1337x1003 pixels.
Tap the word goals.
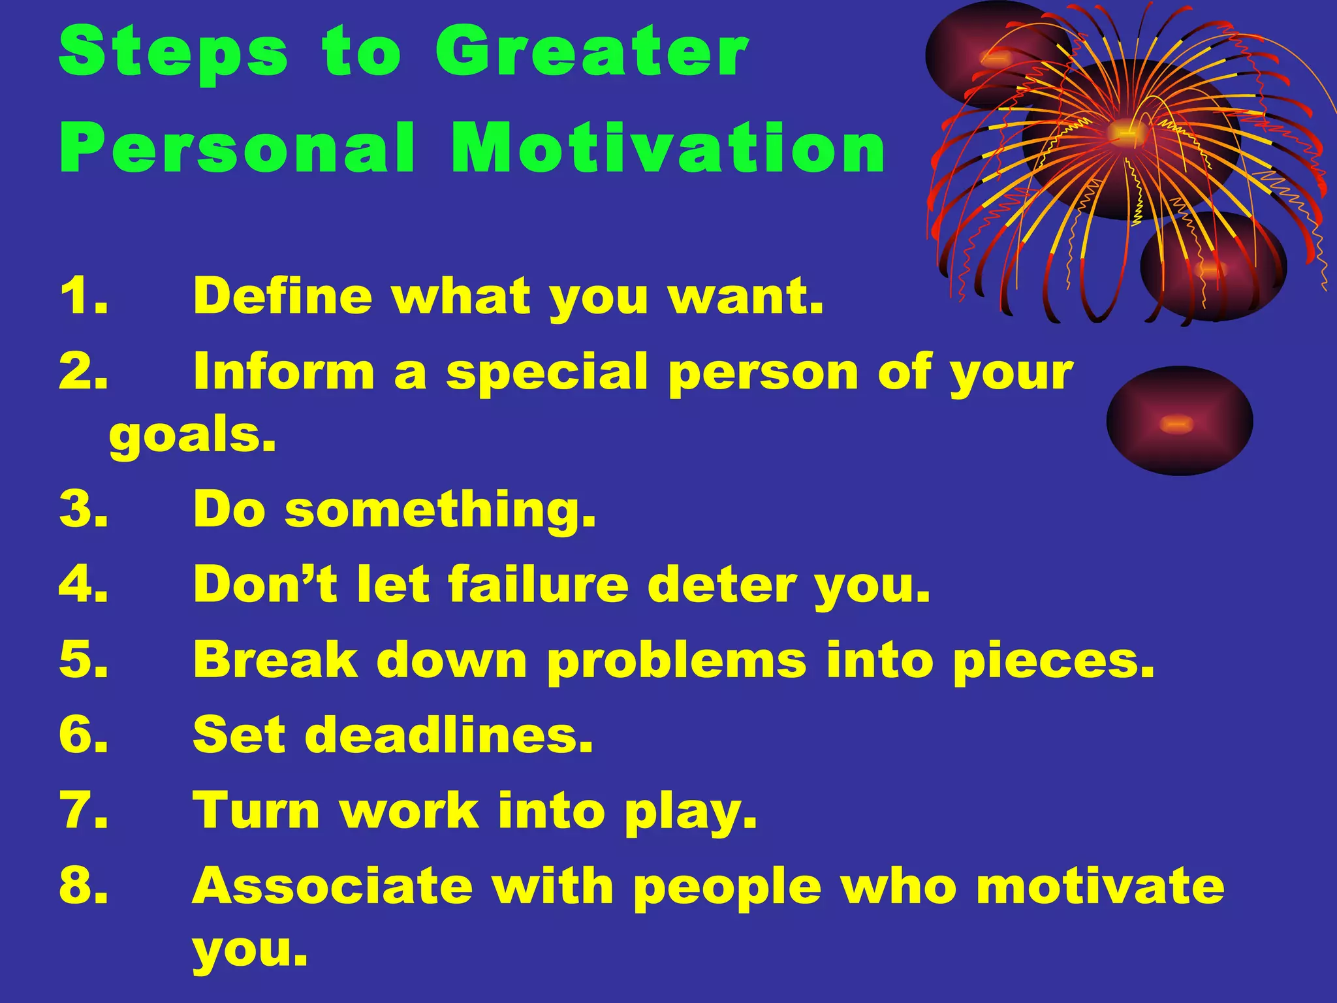pyautogui.click(x=193, y=436)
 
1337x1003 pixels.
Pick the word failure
pyautogui.click(x=538, y=584)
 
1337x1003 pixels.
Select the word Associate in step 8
pyautogui.click(x=332, y=886)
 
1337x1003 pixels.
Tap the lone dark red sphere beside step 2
pyautogui.click(x=1179, y=421)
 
